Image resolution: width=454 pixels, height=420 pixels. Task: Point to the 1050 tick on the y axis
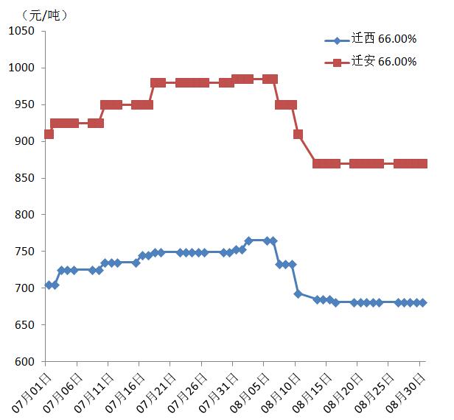[21, 31]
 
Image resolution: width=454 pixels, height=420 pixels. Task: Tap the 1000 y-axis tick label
[21, 68]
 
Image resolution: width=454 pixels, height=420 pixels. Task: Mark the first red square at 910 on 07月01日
[48, 134]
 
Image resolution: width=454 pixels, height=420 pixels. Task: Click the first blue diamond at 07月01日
[49, 285]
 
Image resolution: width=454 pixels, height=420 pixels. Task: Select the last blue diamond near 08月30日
[422, 302]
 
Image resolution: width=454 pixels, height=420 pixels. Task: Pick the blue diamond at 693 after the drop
[298, 293]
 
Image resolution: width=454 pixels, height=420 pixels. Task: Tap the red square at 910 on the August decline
[298, 134]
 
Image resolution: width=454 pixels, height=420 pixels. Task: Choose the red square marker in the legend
[337, 63]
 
